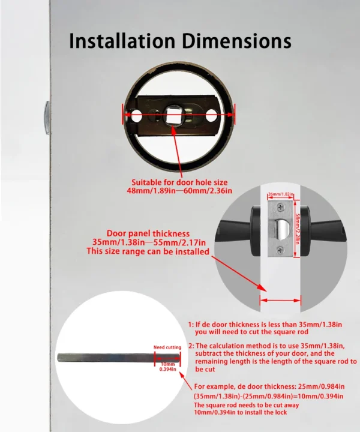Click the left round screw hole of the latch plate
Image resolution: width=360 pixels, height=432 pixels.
(x=137, y=113)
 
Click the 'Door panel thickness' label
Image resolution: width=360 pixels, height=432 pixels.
(x=148, y=233)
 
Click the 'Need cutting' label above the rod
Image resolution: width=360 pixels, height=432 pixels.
(x=166, y=347)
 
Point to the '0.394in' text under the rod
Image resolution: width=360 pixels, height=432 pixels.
(x=166, y=369)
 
